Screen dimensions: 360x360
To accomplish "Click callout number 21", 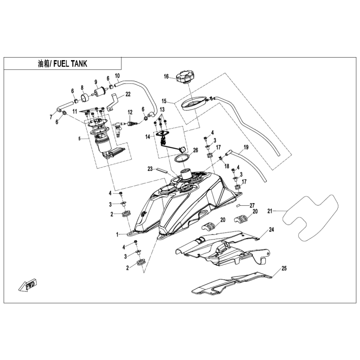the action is coord(270,210).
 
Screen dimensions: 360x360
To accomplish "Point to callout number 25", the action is coord(284,268).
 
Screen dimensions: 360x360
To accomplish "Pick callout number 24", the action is coord(272,229).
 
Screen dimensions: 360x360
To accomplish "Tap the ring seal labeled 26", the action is coord(182,158).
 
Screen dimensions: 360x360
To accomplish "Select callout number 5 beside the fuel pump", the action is coord(80,139).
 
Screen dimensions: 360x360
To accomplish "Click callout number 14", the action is coord(148,137).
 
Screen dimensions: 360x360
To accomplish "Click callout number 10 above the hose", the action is coord(117,76).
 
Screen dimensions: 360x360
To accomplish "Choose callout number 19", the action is coord(246,147).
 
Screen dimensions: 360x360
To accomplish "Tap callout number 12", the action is coord(130,112).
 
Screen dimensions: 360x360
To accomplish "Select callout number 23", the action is coord(150,169).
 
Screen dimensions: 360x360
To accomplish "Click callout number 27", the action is coord(252,205).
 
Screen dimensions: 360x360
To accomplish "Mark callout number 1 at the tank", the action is coord(117,235).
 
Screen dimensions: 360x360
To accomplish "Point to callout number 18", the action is coord(227,166).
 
